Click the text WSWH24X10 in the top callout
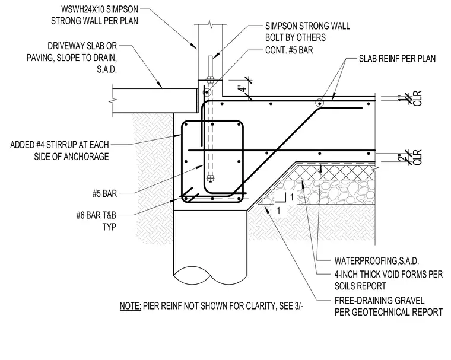point(80,9)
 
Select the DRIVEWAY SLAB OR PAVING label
point(72,58)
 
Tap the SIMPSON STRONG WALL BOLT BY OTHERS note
point(307,31)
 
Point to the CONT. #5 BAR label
point(289,50)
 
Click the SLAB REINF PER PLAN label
point(397,59)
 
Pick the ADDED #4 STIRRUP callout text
point(59,151)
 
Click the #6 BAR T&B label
point(96,221)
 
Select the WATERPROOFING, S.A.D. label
point(376,261)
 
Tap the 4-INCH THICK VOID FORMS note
point(388,280)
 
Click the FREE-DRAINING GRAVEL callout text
point(388,306)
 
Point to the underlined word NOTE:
point(131,305)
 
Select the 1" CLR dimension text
point(414,98)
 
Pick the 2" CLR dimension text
point(414,157)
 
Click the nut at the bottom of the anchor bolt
point(210,179)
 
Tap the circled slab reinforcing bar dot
point(319,103)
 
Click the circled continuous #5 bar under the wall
point(207,93)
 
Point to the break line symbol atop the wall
point(210,24)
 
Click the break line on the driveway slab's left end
point(113,101)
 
